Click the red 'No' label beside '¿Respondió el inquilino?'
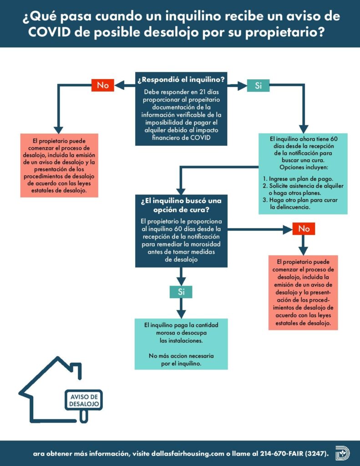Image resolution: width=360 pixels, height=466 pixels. (102, 85)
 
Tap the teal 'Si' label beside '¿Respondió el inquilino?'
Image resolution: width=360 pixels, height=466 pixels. (259, 86)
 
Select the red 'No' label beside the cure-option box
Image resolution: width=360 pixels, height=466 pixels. (304, 228)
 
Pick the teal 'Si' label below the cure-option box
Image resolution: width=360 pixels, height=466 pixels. (181, 292)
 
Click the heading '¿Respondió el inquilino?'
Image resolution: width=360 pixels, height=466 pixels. (181, 80)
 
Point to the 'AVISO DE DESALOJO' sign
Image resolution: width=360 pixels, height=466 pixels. (84, 400)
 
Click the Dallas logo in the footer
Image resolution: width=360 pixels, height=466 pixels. (342, 453)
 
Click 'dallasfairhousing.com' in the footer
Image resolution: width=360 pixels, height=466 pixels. (188, 454)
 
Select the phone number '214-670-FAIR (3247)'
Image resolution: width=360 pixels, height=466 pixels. (294, 454)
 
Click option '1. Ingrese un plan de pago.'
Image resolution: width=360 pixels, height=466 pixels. (298, 179)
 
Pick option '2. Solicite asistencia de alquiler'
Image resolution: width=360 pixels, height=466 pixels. (303, 186)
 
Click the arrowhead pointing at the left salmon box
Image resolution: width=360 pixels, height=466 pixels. (58, 130)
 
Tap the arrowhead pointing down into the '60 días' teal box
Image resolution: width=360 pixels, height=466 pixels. (303, 129)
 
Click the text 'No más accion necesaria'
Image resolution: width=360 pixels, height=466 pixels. (181, 356)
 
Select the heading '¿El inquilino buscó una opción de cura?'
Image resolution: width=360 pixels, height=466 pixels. (181, 205)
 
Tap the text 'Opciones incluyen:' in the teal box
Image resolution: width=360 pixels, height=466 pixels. (304, 167)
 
